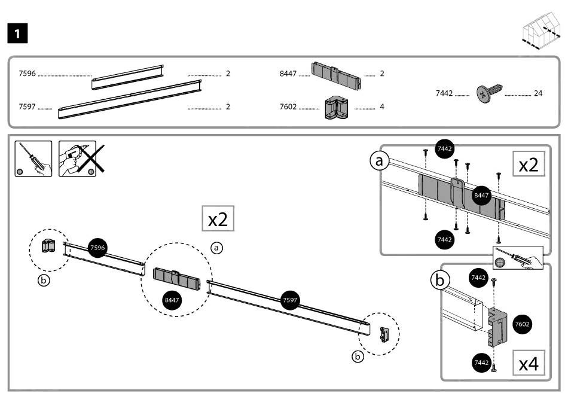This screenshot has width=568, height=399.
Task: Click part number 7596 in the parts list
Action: pos(28,74)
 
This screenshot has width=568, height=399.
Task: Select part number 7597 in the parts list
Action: pos(28,107)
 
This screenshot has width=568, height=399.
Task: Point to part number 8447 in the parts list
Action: pos(288,74)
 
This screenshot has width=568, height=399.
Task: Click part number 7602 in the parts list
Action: pos(288,107)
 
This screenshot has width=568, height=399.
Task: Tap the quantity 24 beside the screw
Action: pos(538,93)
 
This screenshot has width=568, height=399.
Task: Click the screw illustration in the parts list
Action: pos(489,93)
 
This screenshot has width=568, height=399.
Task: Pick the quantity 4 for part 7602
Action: pos(381,107)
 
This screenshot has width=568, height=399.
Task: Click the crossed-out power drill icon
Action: pos(78,159)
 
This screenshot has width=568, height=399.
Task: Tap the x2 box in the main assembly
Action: pos(218,219)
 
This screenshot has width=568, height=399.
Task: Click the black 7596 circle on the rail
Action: pos(97,247)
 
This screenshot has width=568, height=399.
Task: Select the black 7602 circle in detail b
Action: pos(522,324)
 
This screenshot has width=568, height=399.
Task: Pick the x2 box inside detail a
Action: pos(528,165)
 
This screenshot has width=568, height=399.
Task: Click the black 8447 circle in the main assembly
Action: pos(172,299)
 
